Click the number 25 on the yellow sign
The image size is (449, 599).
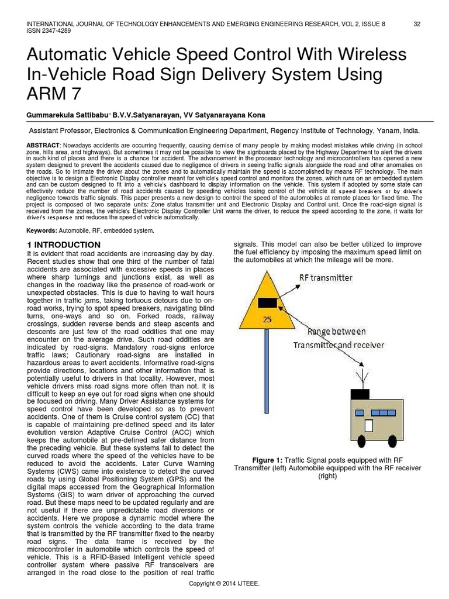[x=267, y=319]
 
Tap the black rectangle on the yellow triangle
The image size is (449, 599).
[x=268, y=302]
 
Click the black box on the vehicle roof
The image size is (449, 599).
[x=355, y=394]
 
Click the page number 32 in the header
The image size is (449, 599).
[x=417, y=24]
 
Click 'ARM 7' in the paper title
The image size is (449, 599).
[x=51, y=94]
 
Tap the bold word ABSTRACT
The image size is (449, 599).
[x=43, y=144]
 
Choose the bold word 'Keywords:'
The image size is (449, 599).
[x=44, y=230]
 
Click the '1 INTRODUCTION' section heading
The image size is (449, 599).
[x=64, y=244]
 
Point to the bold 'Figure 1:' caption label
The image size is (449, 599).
[x=268, y=459]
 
